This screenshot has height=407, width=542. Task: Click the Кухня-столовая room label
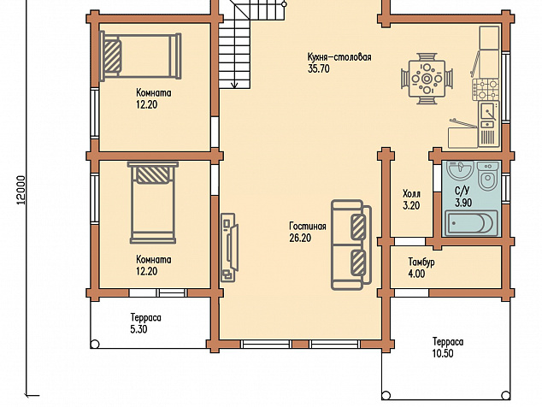pyautogui.click(x=339, y=57)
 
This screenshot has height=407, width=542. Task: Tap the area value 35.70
pyautogui.click(x=319, y=68)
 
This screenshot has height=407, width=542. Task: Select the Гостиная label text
pyautogui.click(x=308, y=227)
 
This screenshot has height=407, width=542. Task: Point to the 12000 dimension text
pyautogui.click(x=21, y=190)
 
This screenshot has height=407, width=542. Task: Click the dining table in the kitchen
pyautogui.click(x=427, y=79)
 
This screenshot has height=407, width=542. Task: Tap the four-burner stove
pyautogui.click(x=486, y=90)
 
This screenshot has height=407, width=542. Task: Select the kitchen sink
pyautogui.click(x=489, y=114)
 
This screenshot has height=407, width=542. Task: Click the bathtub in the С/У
pyautogui.click(x=471, y=223)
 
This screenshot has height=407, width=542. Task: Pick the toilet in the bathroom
pyautogui.click(x=488, y=175)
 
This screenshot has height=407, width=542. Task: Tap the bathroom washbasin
pyautogui.click(x=460, y=170)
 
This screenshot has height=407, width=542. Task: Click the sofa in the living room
pyautogui.click(x=351, y=245)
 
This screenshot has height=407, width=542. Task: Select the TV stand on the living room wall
pyautogui.click(x=229, y=248)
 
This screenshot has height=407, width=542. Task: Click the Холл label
pyautogui.click(x=411, y=193)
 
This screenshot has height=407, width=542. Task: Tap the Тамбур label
pyautogui.click(x=421, y=262)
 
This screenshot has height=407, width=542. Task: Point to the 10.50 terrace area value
pyautogui.click(x=443, y=354)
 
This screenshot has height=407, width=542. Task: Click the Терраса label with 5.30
pyautogui.click(x=146, y=317)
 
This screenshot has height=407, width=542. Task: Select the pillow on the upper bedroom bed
pyautogui.click(x=112, y=56)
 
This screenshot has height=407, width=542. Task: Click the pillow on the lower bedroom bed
pyautogui.click(x=152, y=175)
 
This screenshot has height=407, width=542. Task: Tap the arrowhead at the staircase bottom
pyautogui.click(x=235, y=84)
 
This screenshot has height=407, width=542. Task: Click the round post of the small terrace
pyautogui.click(x=95, y=344)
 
